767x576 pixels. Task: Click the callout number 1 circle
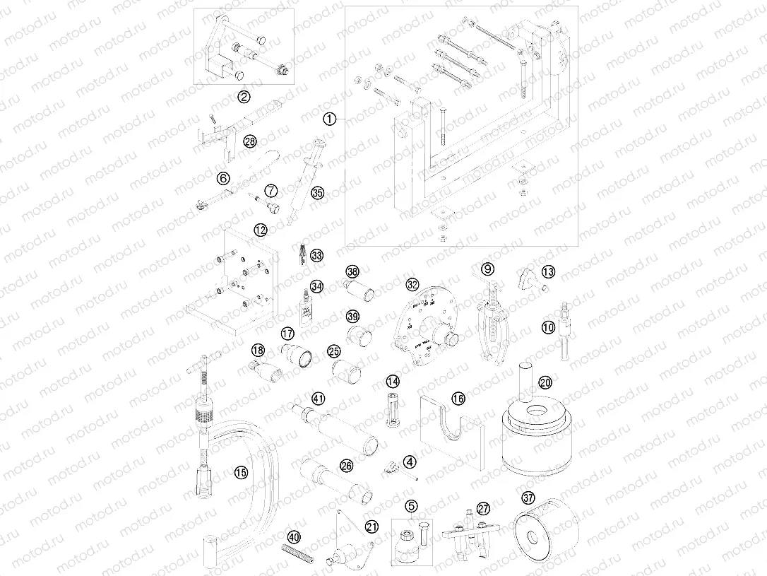[x=328, y=119]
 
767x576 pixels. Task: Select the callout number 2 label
[x=243, y=97]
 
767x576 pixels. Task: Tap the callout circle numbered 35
[x=317, y=192]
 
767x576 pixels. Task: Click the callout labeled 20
[x=545, y=382]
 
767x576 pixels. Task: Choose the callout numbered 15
[x=242, y=473]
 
